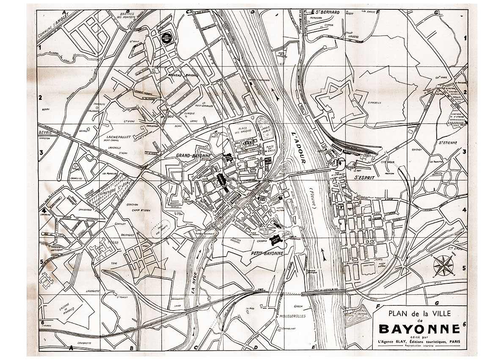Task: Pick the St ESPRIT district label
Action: coord(364,178)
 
